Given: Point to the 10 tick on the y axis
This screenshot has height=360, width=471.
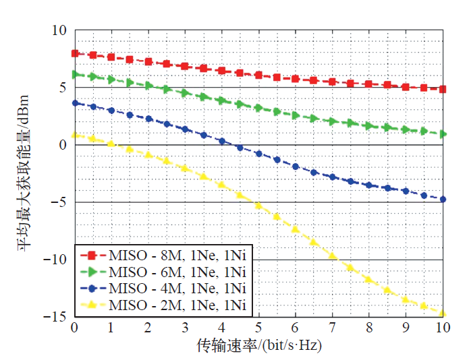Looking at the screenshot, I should [x=59, y=31].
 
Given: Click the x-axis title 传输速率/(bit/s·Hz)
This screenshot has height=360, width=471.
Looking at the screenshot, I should [x=258, y=345].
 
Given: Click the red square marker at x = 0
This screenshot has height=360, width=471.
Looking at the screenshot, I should [x=75, y=53].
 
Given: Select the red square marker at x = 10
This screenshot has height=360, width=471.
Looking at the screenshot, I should [x=442, y=89].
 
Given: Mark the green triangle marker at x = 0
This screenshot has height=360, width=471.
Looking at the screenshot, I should [x=75, y=75].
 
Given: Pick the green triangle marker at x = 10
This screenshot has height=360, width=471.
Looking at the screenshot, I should [x=442, y=134].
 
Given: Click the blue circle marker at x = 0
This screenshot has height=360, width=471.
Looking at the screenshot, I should [x=75, y=103].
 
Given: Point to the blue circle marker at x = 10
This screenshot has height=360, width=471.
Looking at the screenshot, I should [x=442, y=199].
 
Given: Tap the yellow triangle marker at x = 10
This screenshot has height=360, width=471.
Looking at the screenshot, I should [x=442, y=313].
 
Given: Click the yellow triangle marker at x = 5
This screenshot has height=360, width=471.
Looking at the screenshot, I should [x=258, y=205].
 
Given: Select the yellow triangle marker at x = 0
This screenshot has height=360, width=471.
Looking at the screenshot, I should [x=75, y=135].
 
